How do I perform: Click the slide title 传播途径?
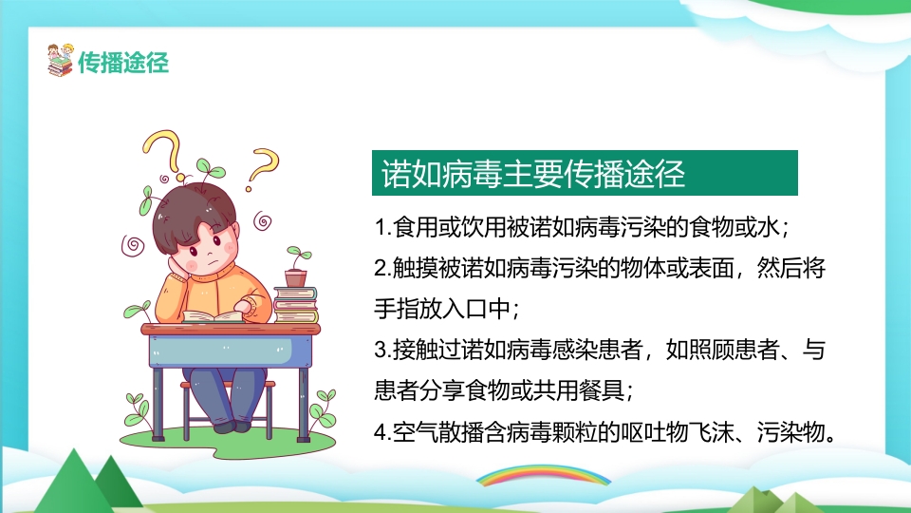tap(123, 63)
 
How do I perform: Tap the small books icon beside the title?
tap(60, 61)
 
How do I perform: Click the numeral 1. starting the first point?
tap(382, 229)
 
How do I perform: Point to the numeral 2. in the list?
tap(382, 269)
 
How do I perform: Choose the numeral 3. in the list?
tap(382, 351)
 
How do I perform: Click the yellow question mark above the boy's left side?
tap(164, 150)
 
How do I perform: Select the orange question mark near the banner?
tap(264, 167)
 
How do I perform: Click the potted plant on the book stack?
tap(297, 268)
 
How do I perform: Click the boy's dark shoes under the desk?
tap(237, 425)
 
